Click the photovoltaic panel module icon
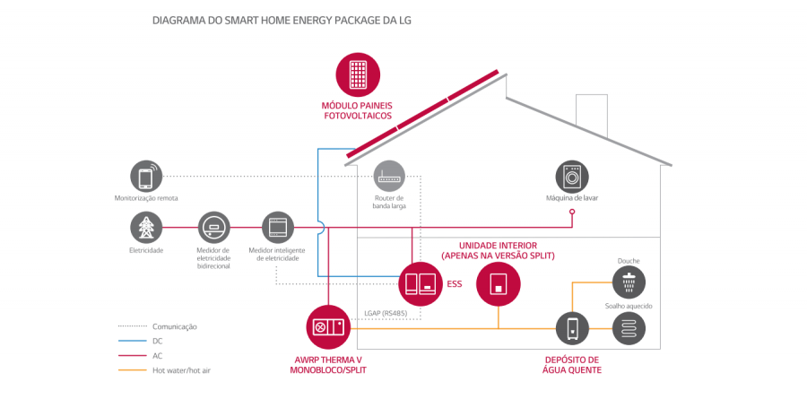(x=357, y=74)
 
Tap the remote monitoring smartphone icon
(x=146, y=176)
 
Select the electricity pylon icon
(x=146, y=228)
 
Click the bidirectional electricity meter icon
(x=213, y=228)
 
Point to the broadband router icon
(x=390, y=176)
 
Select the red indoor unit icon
(x=498, y=284)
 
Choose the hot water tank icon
(x=571, y=328)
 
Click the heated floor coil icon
(x=629, y=328)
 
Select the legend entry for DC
(x=158, y=341)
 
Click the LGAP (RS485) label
(x=384, y=313)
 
